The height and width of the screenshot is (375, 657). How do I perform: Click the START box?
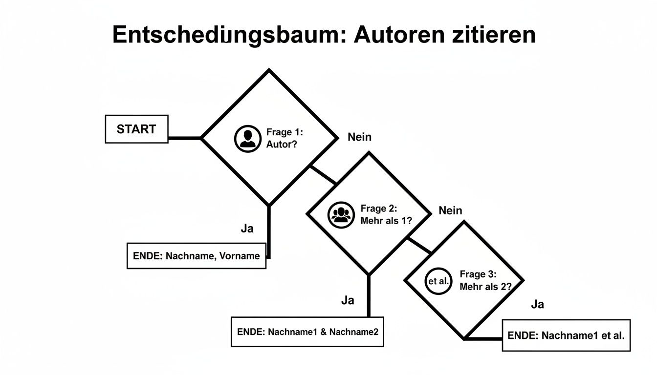pyautogui.click(x=136, y=129)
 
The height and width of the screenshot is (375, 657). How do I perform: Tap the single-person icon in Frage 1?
pyautogui.click(x=248, y=139)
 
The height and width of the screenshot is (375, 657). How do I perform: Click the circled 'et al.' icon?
pyautogui.click(x=438, y=281)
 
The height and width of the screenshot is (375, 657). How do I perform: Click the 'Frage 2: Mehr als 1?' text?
pyautogui.click(x=386, y=214)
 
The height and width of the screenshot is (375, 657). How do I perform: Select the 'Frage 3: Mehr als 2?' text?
pyautogui.click(x=485, y=281)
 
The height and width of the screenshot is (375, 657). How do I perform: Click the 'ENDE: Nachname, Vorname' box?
pyautogui.click(x=197, y=256)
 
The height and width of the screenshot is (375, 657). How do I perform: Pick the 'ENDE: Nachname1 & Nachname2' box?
pyautogui.click(x=307, y=332)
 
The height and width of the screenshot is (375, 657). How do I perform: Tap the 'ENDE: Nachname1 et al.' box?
pyautogui.click(x=566, y=335)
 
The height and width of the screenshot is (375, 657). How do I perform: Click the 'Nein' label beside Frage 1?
pyautogui.click(x=359, y=137)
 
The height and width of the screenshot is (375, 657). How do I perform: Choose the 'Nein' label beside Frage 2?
pyautogui.click(x=450, y=210)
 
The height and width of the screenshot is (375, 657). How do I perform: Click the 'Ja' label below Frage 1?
pyautogui.click(x=247, y=229)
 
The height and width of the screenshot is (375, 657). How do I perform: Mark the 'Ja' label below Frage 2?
pyautogui.click(x=348, y=300)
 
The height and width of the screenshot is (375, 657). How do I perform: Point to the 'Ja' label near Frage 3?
pyautogui.click(x=537, y=304)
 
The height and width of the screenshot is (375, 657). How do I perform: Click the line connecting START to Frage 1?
pyautogui.click(x=185, y=138)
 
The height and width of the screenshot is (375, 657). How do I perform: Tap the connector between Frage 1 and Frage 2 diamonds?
pyautogui.click(x=324, y=175)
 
